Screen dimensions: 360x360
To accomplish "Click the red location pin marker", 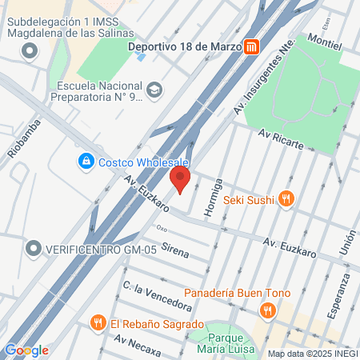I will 180,178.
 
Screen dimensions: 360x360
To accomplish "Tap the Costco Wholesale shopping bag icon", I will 85,162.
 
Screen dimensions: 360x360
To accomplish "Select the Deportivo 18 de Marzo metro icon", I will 252,46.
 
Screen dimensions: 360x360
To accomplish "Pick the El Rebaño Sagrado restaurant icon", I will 98,323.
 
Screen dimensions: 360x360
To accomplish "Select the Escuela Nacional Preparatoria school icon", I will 155,89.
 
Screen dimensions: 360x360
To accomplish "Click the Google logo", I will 26,350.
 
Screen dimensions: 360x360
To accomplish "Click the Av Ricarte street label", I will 280,142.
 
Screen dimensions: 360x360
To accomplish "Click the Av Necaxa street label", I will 138,346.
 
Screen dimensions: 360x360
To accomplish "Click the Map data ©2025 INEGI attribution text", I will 312,353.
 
